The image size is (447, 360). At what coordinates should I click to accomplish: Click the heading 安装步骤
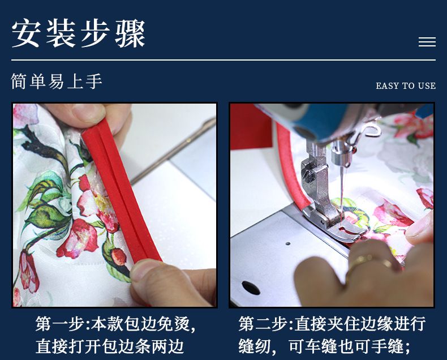point(79,35)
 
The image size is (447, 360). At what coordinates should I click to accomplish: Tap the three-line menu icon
point(427,42)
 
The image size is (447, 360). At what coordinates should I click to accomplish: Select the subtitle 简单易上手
point(57,82)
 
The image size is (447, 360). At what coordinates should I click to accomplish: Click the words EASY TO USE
point(406,86)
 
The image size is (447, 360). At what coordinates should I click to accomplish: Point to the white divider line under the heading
point(223,60)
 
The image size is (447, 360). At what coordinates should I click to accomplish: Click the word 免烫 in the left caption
point(174,324)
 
